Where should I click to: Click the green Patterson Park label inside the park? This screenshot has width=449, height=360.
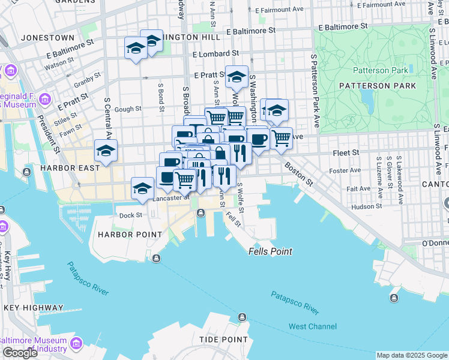pyautogui.click(x=381, y=70)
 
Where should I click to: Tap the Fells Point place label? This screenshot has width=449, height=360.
pyautogui.click(x=270, y=252)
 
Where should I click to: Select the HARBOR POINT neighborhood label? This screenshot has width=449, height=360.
pyautogui.click(x=130, y=234)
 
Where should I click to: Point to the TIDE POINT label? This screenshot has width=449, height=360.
pyautogui.click(x=223, y=340)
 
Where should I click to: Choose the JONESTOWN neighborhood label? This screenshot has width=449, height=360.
pyautogui.click(x=47, y=37)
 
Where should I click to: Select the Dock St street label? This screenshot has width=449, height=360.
pyautogui.click(x=130, y=215)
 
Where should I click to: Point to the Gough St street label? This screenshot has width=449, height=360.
pyautogui.click(x=128, y=109)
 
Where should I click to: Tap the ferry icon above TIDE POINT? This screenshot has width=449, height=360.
pyautogui.click(x=242, y=317)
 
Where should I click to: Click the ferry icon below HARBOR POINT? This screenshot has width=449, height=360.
pyautogui.click(x=156, y=259)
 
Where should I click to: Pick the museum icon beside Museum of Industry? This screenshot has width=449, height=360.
pyautogui.click(x=77, y=343)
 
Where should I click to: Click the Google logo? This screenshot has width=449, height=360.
pyautogui.click(x=20, y=353)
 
